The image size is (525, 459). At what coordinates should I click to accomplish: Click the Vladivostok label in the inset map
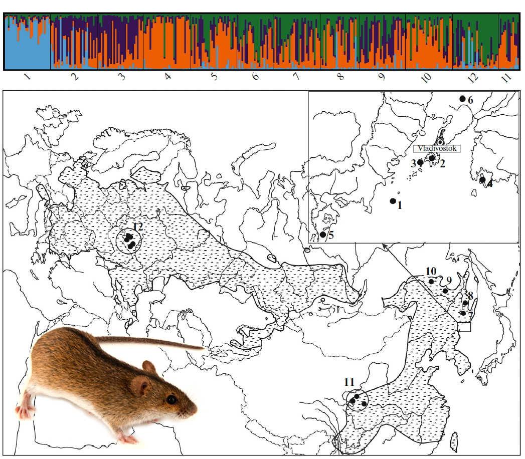(435, 149)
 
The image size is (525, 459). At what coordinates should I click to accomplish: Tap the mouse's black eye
(171, 399)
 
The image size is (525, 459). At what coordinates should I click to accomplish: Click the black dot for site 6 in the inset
(462, 99)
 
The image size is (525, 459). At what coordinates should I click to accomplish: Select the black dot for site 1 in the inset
(393, 201)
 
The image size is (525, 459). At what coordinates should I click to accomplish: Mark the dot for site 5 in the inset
(323, 235)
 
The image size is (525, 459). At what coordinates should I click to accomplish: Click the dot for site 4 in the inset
(482, 179)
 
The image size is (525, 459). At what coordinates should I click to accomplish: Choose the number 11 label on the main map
(349, 382)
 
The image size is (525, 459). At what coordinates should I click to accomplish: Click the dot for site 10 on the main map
(431, 282)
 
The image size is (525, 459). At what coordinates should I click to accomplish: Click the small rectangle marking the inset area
(465, 327)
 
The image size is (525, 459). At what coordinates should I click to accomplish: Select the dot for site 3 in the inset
(420, 162)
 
